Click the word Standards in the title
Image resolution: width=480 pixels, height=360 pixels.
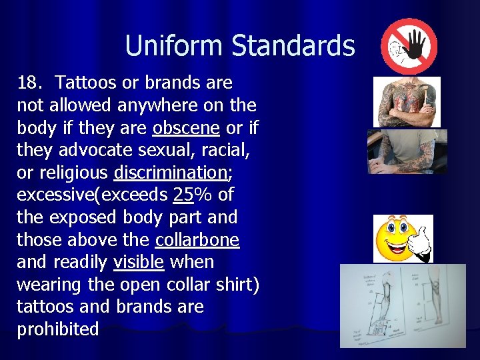tap(293, 46)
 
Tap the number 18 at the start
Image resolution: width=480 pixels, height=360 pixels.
tap(29, 83)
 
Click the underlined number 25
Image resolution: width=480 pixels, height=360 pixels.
tap(183, 195)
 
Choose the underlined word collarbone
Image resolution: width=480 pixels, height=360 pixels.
tap(197, 240)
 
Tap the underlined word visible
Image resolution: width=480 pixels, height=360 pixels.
tap(139, 263)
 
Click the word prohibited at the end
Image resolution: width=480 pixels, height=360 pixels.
tap(57, 329)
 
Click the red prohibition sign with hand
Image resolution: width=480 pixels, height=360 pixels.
tap(409, 46)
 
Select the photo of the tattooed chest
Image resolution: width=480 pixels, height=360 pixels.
tap(406, 101)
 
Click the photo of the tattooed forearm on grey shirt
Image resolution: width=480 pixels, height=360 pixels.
tap(407, 151)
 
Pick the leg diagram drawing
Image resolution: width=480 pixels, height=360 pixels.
tap(402, 306)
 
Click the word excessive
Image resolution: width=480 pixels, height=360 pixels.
tap(59, 195)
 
